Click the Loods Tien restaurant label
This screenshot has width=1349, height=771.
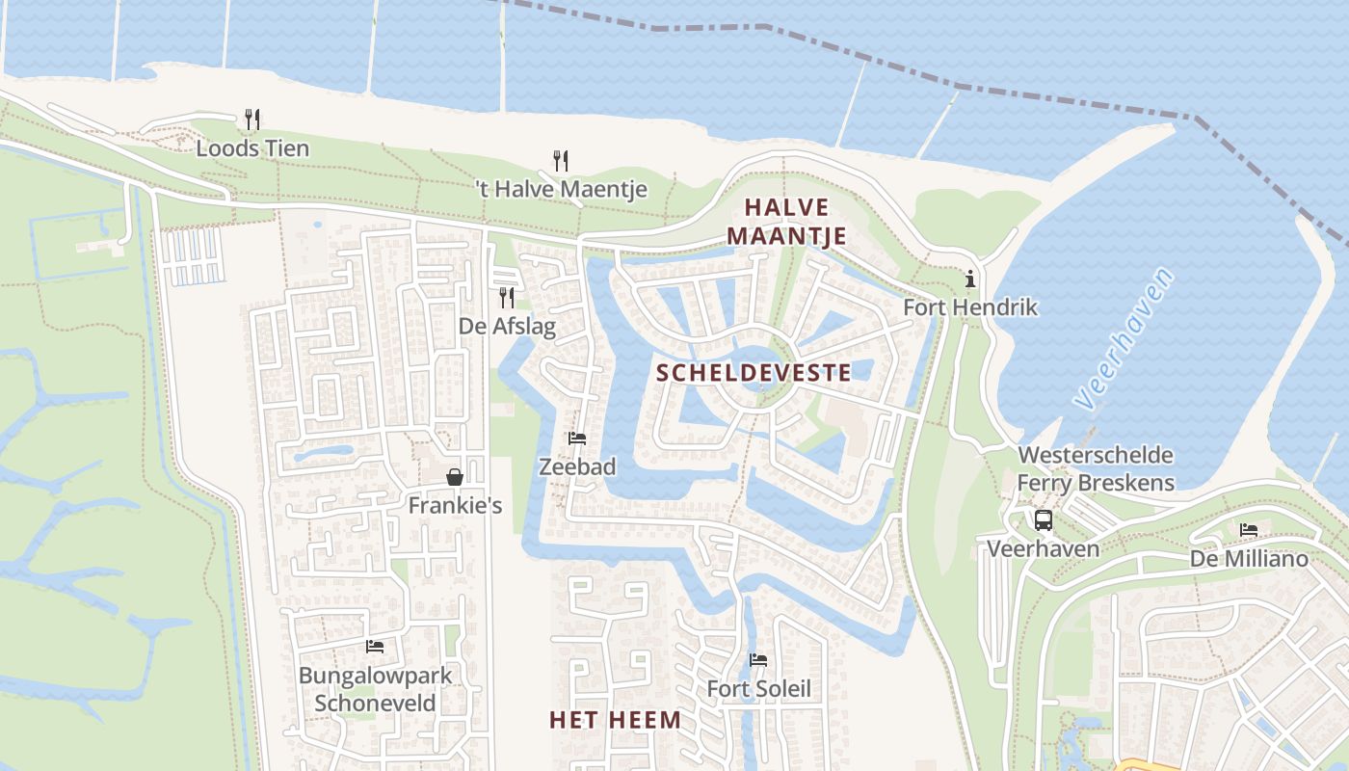(252, 148)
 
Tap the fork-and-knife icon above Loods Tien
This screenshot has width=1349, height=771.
(252, 120)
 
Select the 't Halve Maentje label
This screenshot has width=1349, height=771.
(562, 189)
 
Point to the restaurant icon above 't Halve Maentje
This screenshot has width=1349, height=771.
(561, 160)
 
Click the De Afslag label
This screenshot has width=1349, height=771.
(508, 327)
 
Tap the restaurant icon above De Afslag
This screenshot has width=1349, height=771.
(507, 298)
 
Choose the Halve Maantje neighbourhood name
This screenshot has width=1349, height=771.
(786, 222)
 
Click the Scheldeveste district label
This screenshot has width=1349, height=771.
(754, 373)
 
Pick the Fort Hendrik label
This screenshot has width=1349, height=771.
(970, 307)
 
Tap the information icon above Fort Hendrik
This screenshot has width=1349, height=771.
(970, 279)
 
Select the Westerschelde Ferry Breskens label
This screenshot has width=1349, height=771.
(1096, 468)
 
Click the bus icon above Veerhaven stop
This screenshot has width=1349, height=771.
(1044, 520)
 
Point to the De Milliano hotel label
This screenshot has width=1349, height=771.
(1249, 559)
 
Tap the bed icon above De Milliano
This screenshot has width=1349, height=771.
(1249, 530)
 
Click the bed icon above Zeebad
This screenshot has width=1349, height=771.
(577, 439)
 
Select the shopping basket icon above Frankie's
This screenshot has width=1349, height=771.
(455, 477)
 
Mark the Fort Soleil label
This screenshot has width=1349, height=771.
(758, 689)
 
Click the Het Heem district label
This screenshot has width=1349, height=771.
(615, 720)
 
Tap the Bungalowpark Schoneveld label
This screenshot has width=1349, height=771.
(375, 689)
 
